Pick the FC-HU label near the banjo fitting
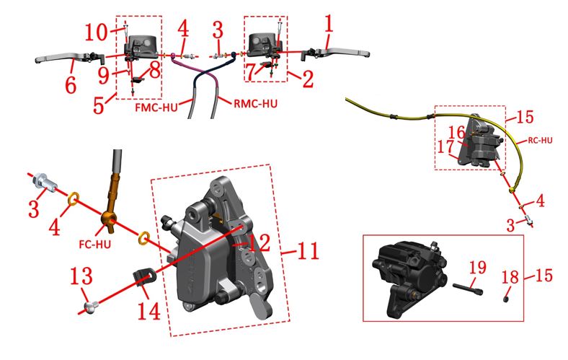coord(94,244)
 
